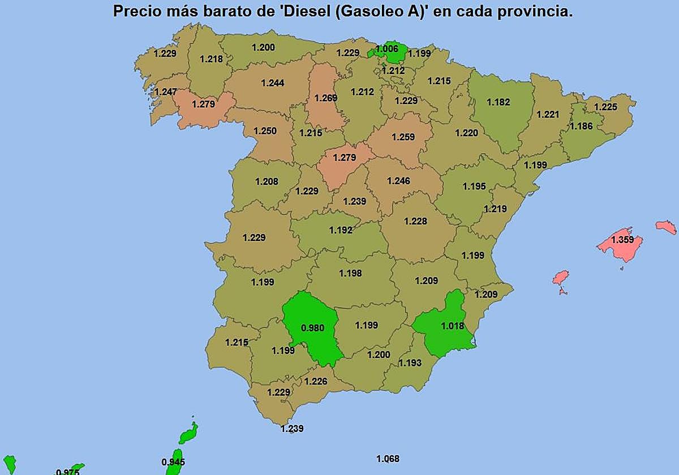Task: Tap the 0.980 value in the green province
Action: [x=312, y=328]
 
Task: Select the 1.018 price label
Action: [x=452, y=326]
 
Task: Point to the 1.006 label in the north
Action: [x=387, y=49]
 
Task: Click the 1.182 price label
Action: [x=498, y=102]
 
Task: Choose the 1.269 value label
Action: [x=325, y=98]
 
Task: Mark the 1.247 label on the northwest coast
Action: [x=165, y=92]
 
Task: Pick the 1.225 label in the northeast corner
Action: [x=605, y=107]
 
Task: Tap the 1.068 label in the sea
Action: [x=388, y=459]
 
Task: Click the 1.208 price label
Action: [x=267, y=182]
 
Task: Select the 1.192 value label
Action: [x=341, y=230]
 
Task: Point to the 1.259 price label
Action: [x=403, y=137]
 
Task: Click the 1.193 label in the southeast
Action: [x=410, y=363]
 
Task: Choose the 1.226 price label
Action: [x=316, y=381]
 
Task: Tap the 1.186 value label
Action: [x=581, y=126]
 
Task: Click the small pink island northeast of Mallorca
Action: [x=666, y=227]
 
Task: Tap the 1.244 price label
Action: [x=273, y=83]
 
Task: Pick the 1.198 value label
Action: [x=350, y=273]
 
